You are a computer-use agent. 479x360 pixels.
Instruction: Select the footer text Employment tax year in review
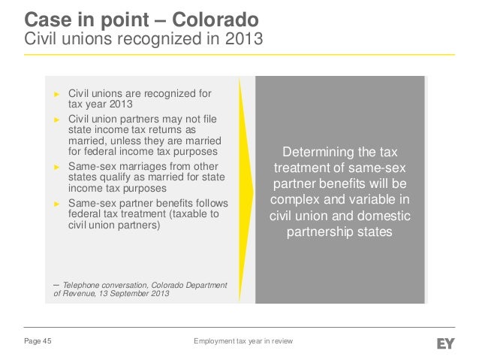[x=243, y=343]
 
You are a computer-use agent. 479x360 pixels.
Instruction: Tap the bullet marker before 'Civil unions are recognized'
[x=55, y=95]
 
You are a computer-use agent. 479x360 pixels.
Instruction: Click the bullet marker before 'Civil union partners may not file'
[x=55, y=119]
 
